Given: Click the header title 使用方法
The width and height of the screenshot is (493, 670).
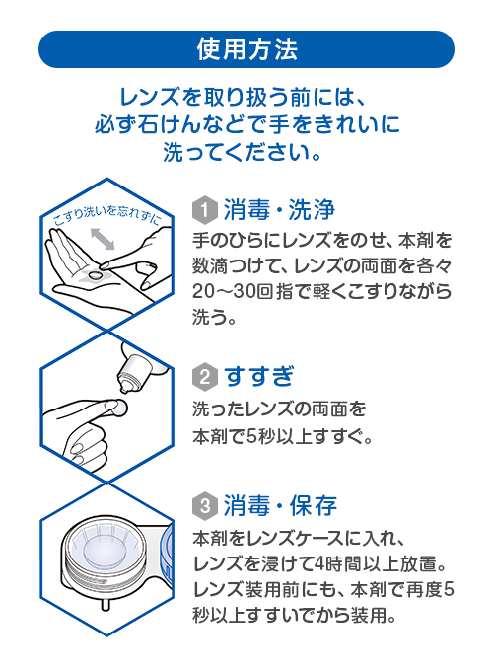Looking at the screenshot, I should pyautogui.click(x=246, y=48).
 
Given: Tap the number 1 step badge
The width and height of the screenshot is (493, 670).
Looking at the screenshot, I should pyautogui.click(x=204, y=209).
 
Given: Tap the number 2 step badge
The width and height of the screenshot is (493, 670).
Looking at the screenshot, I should pyautogui.click(x=204, y=376).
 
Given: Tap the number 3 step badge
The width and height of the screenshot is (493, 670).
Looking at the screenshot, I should pyautogui.click(x=204, y=506).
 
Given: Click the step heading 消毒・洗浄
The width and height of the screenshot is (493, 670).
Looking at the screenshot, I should pyautogui.click(x=280, y=209).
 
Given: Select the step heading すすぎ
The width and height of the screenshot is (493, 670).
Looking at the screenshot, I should pyautogui.click(x=259, y=376).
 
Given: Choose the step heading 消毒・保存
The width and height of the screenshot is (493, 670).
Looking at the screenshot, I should pyautogui.click(x=280, y=506).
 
